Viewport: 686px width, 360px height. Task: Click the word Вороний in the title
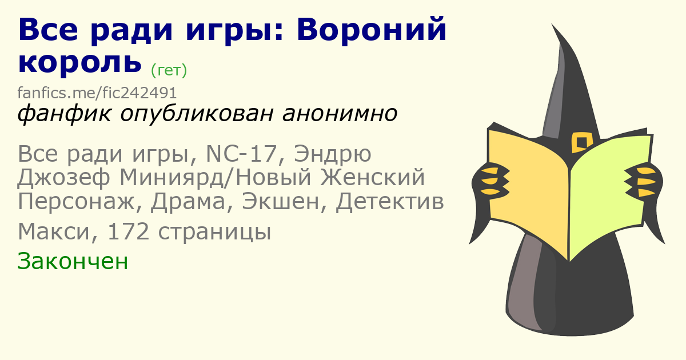point(372,30)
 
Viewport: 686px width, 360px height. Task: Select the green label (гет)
point(169,70)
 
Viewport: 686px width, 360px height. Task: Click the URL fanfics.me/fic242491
point(97,93)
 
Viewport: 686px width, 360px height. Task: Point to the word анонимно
point(340,114)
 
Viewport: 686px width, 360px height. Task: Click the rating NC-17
point(242,154)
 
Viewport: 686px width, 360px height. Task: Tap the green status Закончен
point(73,261)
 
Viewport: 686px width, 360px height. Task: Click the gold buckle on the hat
point(581,142)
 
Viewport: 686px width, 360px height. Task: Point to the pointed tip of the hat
point(552,24)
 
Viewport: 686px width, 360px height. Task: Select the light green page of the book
point(609,196)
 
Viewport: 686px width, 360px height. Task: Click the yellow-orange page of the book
point(528,193)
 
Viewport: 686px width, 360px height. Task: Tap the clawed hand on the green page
point(643,181)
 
